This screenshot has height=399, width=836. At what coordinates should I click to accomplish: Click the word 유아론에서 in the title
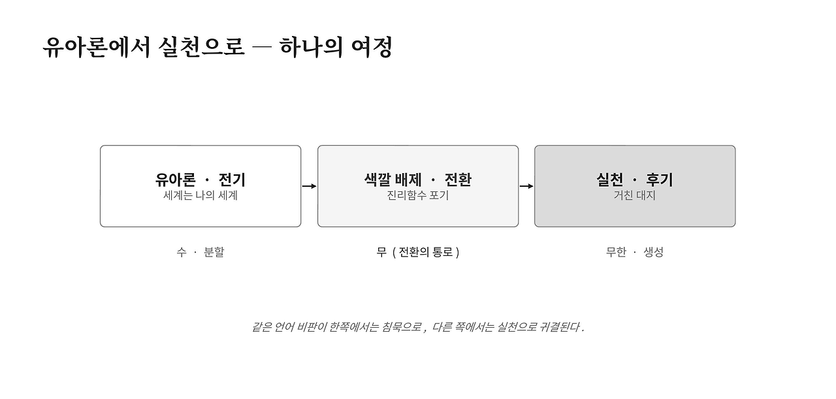tap(97, 47)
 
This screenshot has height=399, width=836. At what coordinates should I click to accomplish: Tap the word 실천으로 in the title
tap(202, 47)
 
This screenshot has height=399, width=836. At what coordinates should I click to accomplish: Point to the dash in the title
tap(262, 46)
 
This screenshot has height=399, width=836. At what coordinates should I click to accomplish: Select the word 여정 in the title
tap(372, 47)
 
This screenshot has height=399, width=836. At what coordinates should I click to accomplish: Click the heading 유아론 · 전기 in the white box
tap(201, 180)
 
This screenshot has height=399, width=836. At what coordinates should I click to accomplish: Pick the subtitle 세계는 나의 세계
tap(201, 195)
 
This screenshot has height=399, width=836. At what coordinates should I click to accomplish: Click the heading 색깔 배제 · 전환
tap(418, 180)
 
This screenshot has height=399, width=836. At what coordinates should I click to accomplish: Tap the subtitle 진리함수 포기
tap(418, 195)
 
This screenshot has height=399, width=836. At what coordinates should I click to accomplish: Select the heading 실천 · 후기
tap(635, 180)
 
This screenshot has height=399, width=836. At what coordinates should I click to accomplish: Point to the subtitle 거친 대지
tap(635, 195)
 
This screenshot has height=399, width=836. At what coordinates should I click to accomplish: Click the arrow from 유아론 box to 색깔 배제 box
tap(310, 186)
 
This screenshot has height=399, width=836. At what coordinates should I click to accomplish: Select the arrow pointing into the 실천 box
tap(526, 186)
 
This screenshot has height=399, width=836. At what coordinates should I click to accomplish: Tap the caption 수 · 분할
tap(201, 252)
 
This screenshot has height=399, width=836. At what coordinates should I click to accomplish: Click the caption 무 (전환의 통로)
tap(418, 252)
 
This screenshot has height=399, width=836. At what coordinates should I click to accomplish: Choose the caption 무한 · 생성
tap(635, 252)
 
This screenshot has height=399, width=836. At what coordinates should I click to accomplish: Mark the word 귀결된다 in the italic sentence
tap(562, 327)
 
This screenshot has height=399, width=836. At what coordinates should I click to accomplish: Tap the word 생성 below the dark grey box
tap(654, 252)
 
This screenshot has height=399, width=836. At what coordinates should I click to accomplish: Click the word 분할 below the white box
tap(214, 252)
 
